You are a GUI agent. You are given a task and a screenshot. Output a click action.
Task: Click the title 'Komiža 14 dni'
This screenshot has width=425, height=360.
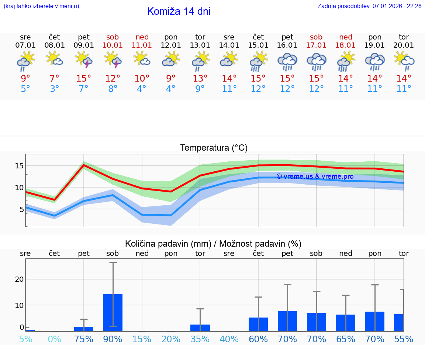179,11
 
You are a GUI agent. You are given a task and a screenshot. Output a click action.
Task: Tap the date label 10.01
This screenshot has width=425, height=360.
113,45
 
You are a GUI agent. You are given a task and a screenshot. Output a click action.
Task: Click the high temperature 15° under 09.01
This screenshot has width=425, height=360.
83,79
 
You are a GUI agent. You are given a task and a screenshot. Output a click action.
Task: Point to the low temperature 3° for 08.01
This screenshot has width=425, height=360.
55,89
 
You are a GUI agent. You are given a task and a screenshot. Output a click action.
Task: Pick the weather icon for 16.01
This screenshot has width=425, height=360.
287,61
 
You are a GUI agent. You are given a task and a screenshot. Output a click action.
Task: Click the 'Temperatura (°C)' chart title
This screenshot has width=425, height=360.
214,148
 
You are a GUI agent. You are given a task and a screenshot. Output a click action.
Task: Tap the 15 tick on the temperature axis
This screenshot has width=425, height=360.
19,166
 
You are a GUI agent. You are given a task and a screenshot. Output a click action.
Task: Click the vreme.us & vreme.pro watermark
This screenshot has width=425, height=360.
315,176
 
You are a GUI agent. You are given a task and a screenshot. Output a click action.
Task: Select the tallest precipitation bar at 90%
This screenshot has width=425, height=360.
113,312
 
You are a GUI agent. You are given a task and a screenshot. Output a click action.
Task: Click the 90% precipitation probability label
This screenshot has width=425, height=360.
113,339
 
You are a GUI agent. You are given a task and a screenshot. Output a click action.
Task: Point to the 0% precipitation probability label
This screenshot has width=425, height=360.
55,339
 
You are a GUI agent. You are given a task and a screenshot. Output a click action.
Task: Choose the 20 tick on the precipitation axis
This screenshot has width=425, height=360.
19,280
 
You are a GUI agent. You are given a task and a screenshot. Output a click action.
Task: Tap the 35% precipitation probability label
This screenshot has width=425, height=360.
200,339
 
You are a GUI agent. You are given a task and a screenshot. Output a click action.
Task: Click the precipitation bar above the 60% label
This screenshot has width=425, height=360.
258,324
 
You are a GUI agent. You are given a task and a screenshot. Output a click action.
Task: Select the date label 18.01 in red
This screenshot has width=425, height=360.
345,45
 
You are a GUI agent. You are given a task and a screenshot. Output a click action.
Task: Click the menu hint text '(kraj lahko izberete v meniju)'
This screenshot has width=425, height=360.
41,6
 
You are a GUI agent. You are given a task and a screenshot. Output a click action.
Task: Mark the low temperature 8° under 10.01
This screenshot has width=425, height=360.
113,89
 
